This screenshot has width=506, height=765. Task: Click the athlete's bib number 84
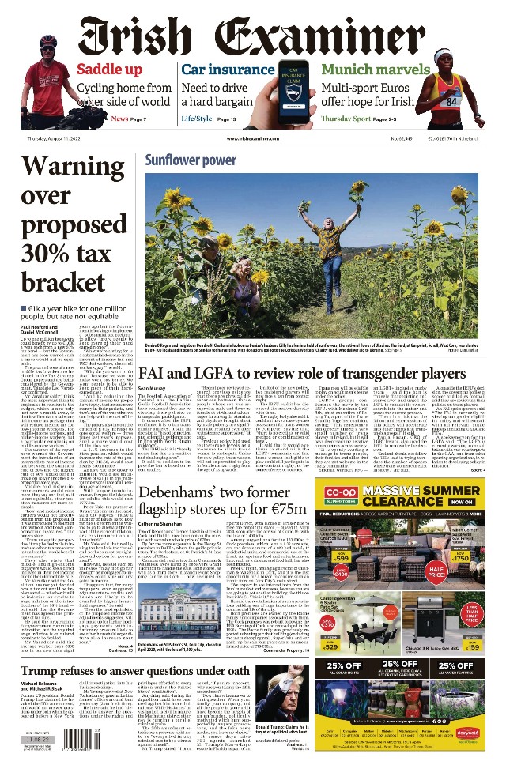click(x=450, y=101)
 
